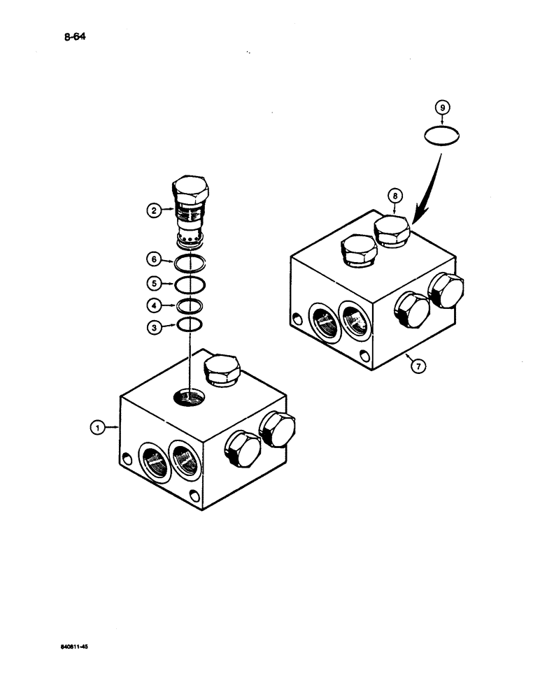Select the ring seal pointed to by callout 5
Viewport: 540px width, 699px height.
coord(189,284)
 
